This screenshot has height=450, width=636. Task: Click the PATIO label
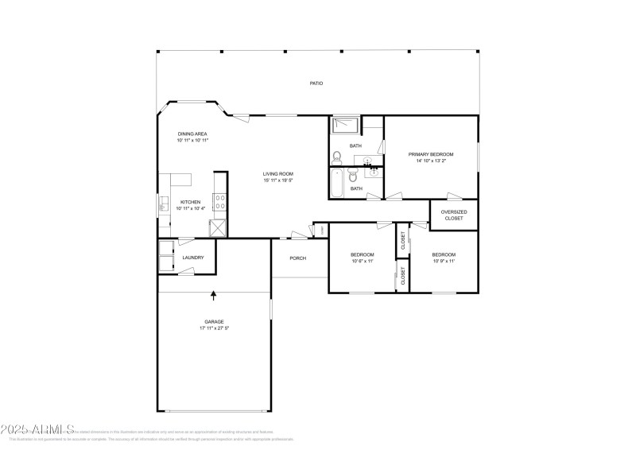pyautogui.click(x=316, y=83)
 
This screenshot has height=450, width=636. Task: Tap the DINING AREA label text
pyautogui.click(x=192, y=134)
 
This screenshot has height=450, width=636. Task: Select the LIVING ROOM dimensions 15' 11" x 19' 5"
pyautogui.click(x=279, y=180)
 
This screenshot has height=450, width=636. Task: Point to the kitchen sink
pyautogui.click(x=162, y=205)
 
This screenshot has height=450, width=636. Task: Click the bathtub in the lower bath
pyautogui.click(x=336, y=183)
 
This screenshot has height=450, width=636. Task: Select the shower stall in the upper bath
pyautogui.click(x=346, y=123)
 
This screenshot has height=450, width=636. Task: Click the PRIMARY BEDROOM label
pyautogui.click(x=431, y=153)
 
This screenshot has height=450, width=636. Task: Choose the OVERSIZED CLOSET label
pyautogui.click(x=454, y=215)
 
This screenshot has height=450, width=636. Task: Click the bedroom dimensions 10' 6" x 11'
pyautogui.click(x=363, y=261)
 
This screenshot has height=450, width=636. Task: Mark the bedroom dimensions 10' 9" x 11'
pyautogui.click(x=444, y=261)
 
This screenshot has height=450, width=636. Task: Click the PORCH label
pyautogui.click(x=298, y=258)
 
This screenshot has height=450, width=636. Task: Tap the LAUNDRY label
pyautogui.click(x=193, y=257)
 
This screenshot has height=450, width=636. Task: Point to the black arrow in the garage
pyautogui.click(x=213, y=296)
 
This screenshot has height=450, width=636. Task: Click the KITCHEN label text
pyautogui.click(x=191, y=202)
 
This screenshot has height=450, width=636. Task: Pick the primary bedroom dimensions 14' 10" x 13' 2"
pyautogui.click(x=431, y=161)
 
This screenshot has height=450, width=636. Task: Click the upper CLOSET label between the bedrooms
pyautogui.click(x=403, y=241)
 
